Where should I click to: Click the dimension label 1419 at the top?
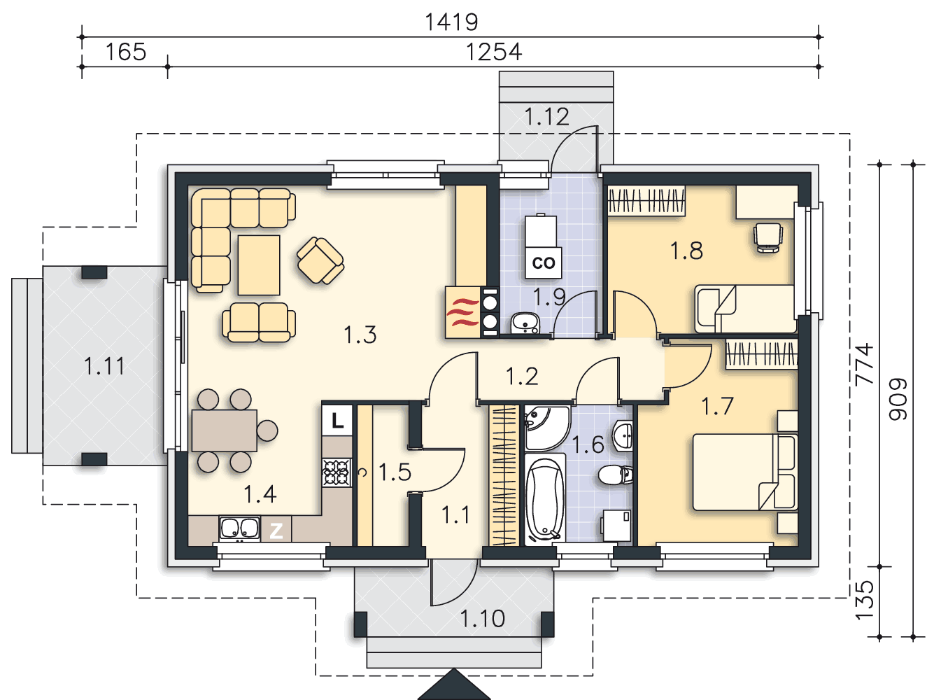pos(451,22)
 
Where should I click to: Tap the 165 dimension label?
pos(125,52)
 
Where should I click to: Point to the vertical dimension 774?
pos(863,364)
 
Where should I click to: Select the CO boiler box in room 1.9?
pos(543,262)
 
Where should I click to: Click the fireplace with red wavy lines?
pos(463,312)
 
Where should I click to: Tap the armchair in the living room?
pos(320,260)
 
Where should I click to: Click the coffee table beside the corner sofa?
pos(258,265)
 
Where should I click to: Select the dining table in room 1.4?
pos(225,430)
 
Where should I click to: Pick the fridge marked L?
pos(337,420)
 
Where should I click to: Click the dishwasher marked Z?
pos(276,530)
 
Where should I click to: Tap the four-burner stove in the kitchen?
pos(337,472)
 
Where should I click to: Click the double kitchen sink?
pos(239,528)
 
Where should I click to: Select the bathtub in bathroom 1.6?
pos(544,500)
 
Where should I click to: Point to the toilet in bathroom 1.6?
pos(616,475)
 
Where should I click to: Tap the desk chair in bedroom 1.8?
pos(768,237)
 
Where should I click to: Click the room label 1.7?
pos(717,407)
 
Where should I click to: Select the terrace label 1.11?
pos(104,366)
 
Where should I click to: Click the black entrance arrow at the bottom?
pos(454,685)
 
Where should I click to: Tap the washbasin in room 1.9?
pos(525,323)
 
